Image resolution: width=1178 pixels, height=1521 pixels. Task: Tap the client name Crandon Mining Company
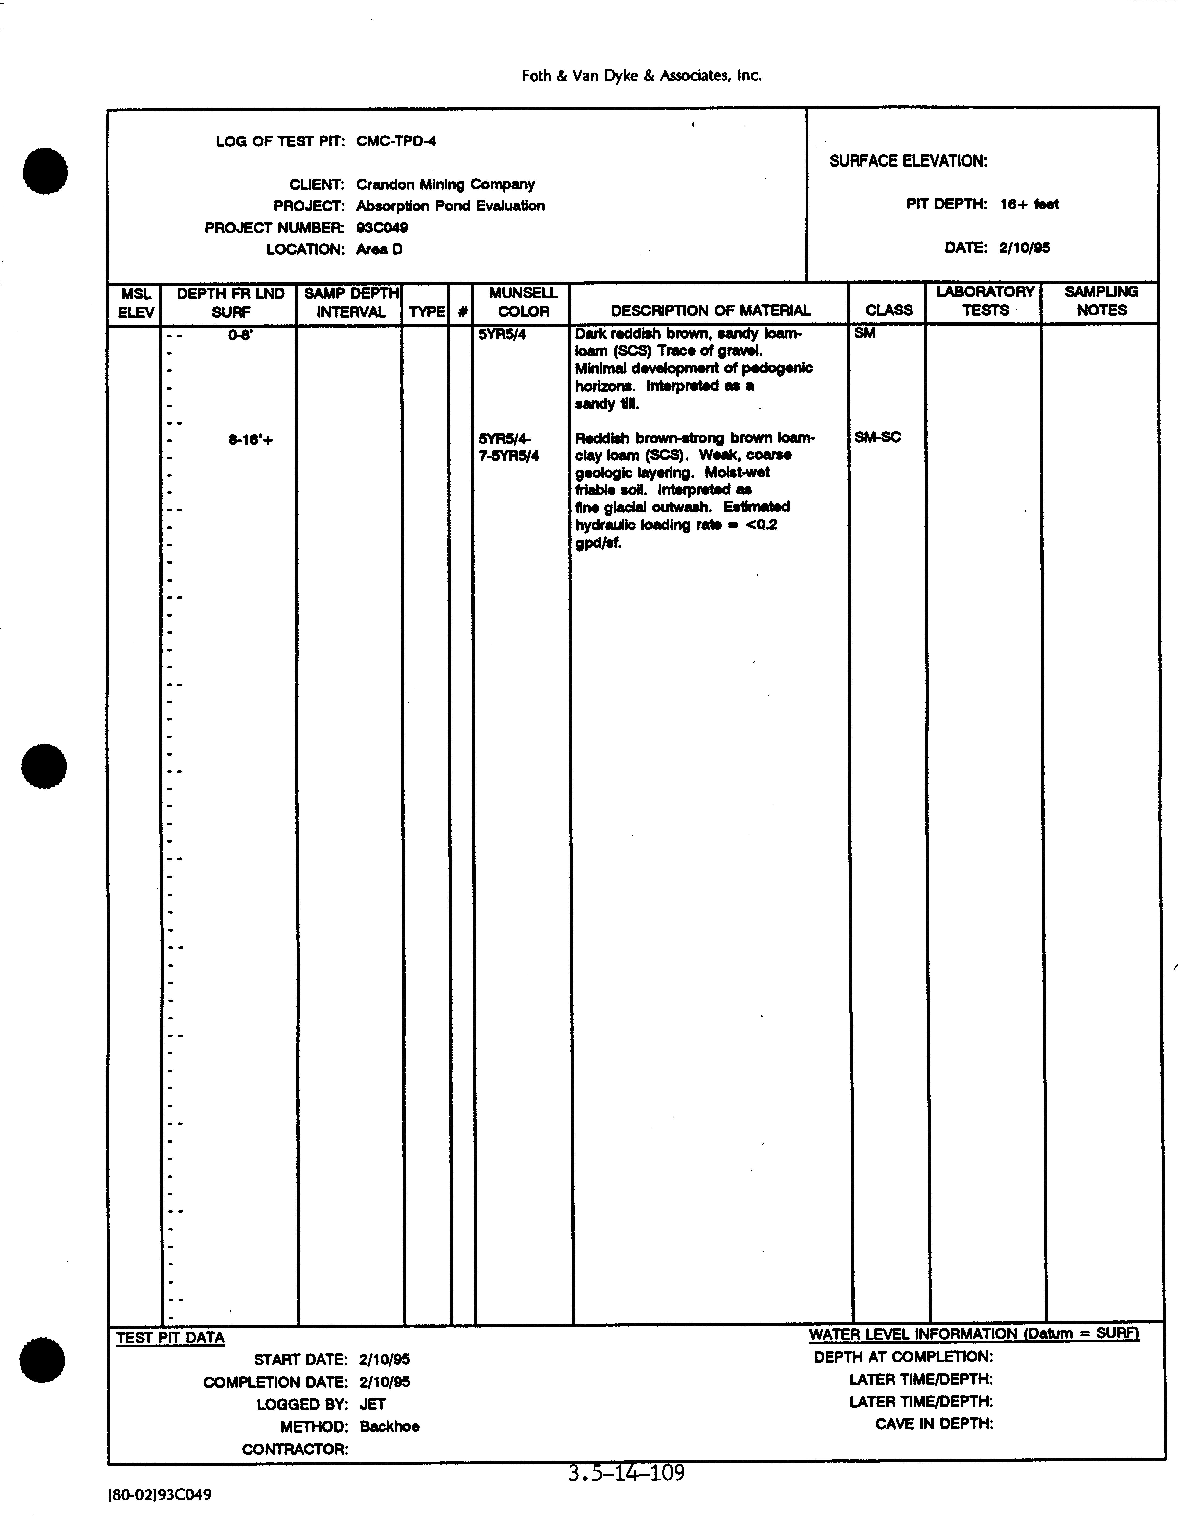445,185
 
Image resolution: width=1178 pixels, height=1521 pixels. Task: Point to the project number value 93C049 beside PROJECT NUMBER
382,228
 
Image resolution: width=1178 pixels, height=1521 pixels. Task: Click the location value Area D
379,249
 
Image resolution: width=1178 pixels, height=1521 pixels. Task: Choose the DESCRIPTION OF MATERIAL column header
710,311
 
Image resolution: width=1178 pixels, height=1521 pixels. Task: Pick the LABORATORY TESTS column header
984,301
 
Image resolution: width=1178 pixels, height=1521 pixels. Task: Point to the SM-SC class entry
877,437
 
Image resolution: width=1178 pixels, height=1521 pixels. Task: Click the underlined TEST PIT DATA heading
170,1338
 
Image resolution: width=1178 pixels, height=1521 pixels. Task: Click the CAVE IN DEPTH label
934,1424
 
